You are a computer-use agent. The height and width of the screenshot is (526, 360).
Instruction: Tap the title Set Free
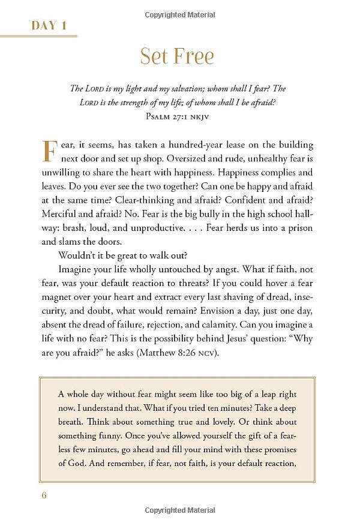[177, 56]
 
